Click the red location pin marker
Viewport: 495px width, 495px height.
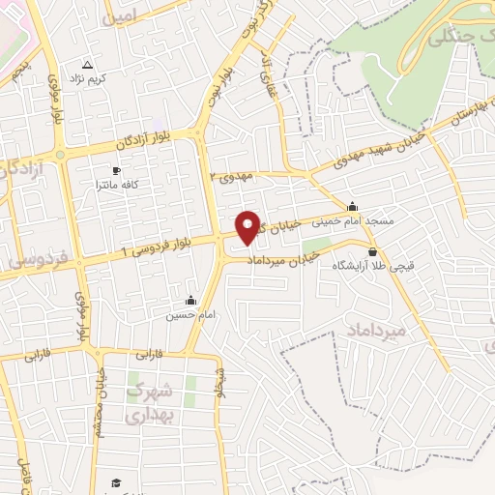(248, 226)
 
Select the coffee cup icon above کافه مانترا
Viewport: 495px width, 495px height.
(116, 170)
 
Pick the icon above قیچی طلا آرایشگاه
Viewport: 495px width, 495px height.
(373, 252)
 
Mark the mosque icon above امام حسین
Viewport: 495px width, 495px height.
(189, 300)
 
